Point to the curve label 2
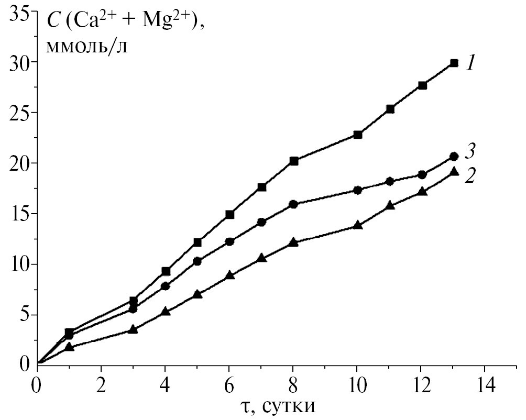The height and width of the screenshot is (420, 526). (470, 175)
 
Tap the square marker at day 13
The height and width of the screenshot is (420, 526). (454, 63)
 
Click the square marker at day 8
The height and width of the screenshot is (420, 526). (293, 161)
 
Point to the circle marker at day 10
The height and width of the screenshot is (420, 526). (358, 190)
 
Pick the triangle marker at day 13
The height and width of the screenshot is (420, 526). (454, 171)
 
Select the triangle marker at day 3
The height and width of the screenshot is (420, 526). (133, 329)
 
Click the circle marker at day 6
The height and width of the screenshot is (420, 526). (229, 241)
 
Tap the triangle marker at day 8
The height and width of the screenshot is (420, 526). (293, 242)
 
